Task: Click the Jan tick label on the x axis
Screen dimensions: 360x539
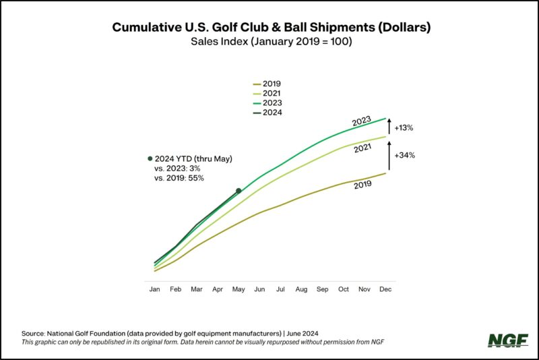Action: click(155, 289)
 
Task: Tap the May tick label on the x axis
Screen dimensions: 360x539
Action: click(239, 289)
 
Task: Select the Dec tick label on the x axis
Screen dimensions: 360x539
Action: click(385, 289)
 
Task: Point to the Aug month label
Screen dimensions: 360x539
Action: click(301, 289)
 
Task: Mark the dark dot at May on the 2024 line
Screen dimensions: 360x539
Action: click(239, 191)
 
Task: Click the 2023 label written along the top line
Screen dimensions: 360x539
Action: click(361, 122)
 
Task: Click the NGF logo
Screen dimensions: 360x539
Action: click(505, 340)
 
